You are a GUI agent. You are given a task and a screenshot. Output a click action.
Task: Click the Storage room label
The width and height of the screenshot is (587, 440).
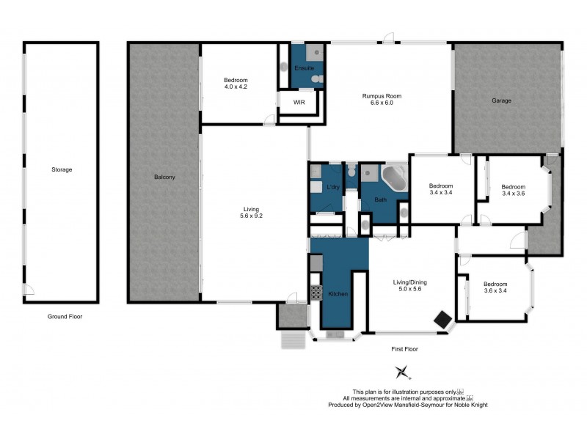coord(62,169)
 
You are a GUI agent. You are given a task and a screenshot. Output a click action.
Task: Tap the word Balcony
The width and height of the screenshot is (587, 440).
coord(164,177)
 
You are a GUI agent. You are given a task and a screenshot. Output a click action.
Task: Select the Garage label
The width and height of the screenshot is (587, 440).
coord(502,100)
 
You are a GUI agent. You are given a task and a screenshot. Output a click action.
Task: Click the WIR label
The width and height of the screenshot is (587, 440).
coord(299,102)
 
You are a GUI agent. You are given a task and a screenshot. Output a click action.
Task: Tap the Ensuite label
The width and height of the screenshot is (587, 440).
coord(305,68)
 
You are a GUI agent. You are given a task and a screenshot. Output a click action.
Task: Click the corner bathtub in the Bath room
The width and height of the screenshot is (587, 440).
coord(395,178)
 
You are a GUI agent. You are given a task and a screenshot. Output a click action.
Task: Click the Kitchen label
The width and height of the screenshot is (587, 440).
coord(338,294)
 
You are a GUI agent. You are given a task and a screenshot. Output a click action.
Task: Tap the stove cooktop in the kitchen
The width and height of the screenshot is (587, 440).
coord(316,292)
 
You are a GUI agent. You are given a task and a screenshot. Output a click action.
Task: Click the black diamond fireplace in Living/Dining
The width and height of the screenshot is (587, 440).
coord(442,319)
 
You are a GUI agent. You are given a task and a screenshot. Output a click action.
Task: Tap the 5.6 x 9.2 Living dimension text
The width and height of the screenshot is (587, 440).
coord(252,216)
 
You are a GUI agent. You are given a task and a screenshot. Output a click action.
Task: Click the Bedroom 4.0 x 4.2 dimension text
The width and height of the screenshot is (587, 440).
coord(236,87)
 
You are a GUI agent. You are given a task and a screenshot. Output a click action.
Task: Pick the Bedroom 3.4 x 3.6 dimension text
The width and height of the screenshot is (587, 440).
coord(513,194)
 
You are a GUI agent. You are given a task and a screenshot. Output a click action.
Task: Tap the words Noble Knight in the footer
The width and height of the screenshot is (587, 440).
coord(470,405)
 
